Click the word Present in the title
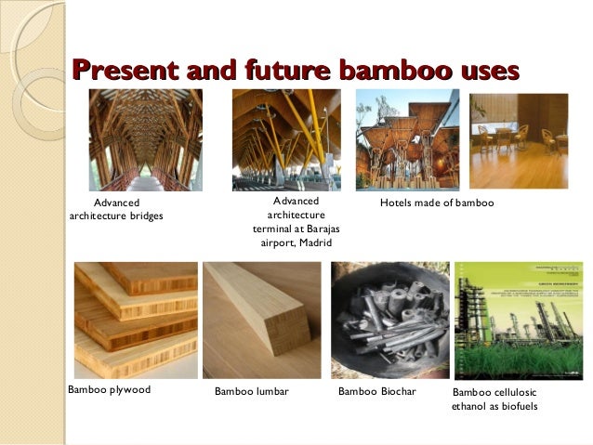click(x=125, y=71)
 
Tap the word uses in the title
click(x=483, y=71)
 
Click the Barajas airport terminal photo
click(x=286, y=139)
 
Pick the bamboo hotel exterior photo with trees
click(x=407, y=141)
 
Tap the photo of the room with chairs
click(x=519, y=141)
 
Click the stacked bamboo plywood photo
click(x=136, y=319)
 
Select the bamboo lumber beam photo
click(x=261, y=319)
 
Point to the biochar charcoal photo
click(x=390, y=319)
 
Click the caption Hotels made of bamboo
click(x=437, y=203)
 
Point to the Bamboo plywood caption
click(x=110, y=390)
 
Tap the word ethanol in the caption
click(x=470, y=406)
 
